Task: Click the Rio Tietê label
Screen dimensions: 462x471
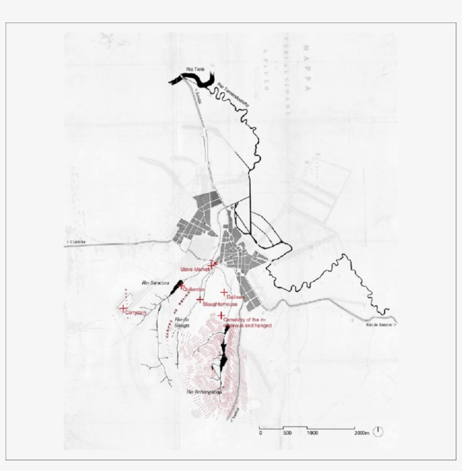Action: click(x=194, y=70)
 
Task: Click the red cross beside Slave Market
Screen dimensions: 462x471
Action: click(x=211, y=265)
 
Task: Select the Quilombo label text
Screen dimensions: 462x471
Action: click(x=194, y=289)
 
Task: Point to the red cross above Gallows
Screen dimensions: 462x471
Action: click(x=224, y=292)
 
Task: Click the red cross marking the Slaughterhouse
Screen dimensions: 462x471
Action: click(x=200, y=299)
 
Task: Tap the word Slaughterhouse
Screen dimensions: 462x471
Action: click(x=220, y=304)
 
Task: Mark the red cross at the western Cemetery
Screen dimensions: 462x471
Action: click(x=123, y=308)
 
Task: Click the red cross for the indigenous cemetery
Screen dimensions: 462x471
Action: click(x=221, y=316)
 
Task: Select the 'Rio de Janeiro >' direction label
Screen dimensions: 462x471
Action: click(x=381, y=325)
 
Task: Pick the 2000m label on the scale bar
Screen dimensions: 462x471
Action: click(x=362, y=433)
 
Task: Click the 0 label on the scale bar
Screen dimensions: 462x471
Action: click(x=260, y=433)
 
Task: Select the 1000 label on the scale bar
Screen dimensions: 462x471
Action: click(x=312, y=433)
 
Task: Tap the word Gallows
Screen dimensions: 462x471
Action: click(x=235, y=296)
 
